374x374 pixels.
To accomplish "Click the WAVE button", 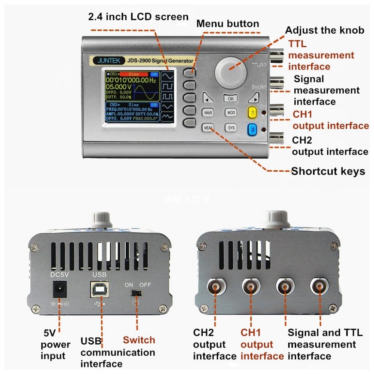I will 208,113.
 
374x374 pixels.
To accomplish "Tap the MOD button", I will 231,113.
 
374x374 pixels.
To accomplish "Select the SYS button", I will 231,128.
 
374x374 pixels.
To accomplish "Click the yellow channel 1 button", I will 253,112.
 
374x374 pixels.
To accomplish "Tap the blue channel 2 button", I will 253,129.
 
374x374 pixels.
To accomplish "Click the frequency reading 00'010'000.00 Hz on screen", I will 131,80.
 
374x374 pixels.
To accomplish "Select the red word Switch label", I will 139,340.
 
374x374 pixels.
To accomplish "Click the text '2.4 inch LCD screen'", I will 138,17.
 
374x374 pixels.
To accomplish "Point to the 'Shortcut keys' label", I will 328,171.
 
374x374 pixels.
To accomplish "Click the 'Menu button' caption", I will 227,24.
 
